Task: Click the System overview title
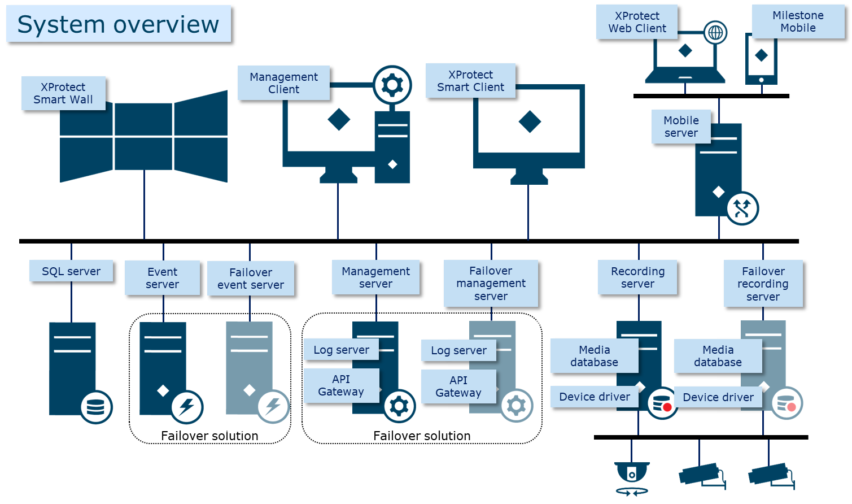118,24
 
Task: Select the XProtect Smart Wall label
63,93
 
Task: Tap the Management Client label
283,83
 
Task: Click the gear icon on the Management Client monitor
392,85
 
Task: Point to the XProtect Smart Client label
470,81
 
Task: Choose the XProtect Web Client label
637,22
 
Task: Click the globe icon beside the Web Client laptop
715,33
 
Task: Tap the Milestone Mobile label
798,21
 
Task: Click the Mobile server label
681,127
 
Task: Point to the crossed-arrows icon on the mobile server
741,208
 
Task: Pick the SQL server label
71,271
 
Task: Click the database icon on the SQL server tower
96,407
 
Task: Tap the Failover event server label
251,279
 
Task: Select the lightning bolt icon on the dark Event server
187,407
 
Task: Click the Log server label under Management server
341,350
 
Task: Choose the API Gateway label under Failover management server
458,386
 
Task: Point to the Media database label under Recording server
594,356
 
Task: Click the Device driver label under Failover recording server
718,397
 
